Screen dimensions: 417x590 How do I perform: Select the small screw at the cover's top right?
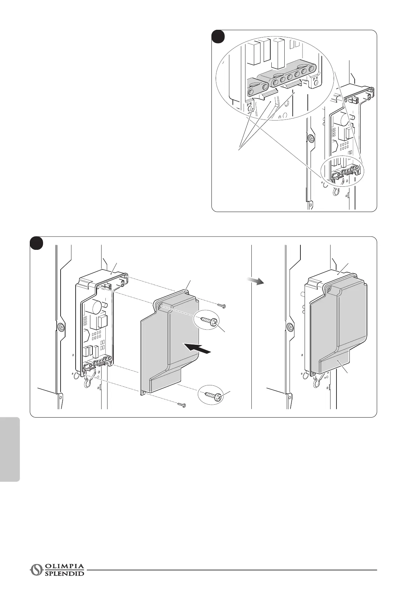[x=221, y=306]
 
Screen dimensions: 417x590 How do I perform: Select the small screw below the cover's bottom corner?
[x=181, y=405]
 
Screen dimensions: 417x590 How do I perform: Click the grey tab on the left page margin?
[x=10, y=449]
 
